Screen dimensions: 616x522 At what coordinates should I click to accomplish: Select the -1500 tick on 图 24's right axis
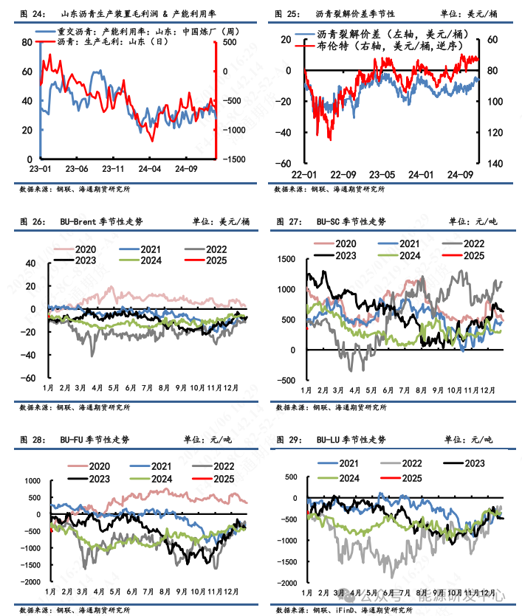click(x=234, y=159)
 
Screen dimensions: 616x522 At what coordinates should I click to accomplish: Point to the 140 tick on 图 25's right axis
click(x=495, y=163)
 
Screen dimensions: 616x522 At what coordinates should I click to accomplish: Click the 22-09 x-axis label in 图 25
click(x=344, y=175)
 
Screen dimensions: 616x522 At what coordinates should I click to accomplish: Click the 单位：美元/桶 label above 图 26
click(x=221, y=221)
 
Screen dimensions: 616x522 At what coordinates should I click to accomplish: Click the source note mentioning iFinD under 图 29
click(x=340, y=610)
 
